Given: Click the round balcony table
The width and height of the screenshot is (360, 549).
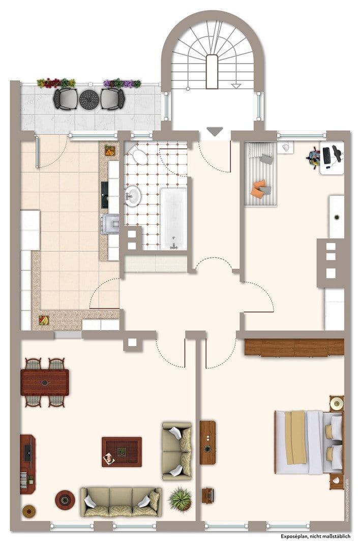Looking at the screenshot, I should click(88, 99).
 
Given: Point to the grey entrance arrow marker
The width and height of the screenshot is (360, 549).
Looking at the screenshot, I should click(215, 131).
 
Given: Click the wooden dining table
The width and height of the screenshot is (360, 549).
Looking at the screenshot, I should click(45, 382).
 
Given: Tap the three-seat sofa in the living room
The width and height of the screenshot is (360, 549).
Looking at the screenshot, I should click(121, 502).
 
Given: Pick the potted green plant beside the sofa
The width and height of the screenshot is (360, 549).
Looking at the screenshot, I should click(180, 499).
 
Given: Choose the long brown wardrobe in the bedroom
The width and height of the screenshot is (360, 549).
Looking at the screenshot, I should click(294, 348).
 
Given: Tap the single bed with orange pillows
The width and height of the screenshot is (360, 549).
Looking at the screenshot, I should click(261, 174).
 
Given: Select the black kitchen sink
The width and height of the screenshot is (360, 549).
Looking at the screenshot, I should click(105, 194).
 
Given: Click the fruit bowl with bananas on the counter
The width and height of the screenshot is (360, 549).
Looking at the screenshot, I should click(44, 320).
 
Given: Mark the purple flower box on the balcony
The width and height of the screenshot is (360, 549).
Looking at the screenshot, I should click(122, 83).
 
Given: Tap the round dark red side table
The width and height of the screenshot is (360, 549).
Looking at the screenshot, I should click(65, 499).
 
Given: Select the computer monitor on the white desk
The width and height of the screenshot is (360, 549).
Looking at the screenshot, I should click(326, 155).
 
